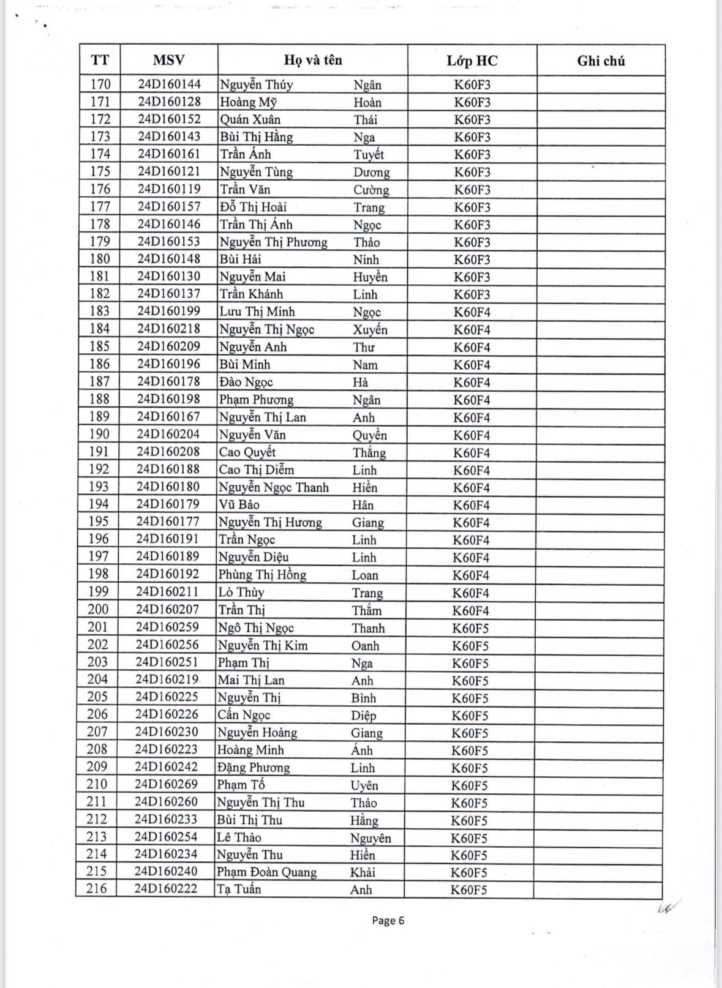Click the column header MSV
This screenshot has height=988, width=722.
[168, 61]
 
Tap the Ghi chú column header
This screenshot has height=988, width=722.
[601, 61]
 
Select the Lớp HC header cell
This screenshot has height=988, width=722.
[472, 61]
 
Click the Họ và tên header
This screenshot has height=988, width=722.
[312, 61]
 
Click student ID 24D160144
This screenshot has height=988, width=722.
[169, 84]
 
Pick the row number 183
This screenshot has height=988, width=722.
[100, 312]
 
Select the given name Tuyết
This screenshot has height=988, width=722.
[368, 154]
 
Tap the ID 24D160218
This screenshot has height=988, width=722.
[168, 329]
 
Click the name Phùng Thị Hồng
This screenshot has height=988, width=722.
[262, 575]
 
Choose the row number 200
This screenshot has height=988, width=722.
[98, 610]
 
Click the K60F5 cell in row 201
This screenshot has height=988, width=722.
[470, 628]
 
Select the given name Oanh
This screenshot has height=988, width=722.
[365, 646]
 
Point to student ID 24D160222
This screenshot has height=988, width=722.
[166, 889]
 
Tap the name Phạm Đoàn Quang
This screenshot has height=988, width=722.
[266, 872]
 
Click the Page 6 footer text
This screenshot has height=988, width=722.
[388, 921]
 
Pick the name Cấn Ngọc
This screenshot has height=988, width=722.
[244, 715]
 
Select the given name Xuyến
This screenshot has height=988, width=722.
[370, 329]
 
